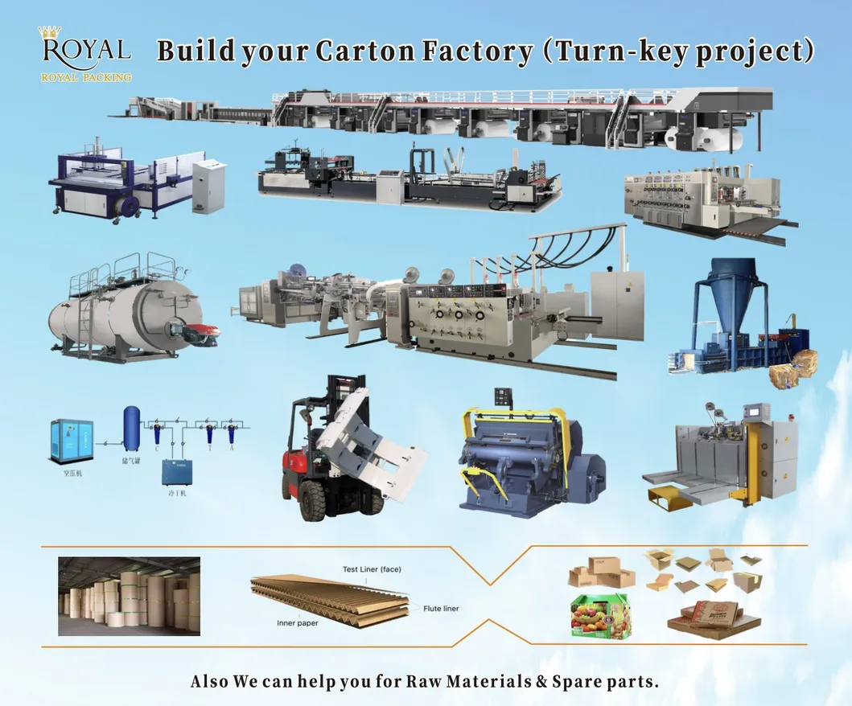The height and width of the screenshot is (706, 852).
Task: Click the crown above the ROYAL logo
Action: coord(50,32)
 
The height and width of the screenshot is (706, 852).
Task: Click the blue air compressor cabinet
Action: coord(72,441)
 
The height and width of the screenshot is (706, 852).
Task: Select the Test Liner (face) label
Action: coord(372,569)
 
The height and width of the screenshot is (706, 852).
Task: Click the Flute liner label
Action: coord(441,609)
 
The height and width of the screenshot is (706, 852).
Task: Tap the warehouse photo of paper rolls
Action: coord(129,596)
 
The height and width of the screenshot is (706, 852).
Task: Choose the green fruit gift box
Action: coord(599,616)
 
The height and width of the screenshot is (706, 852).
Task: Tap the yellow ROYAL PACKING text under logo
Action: coord(86,78)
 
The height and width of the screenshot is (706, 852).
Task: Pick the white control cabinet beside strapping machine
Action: coord(208,185)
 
